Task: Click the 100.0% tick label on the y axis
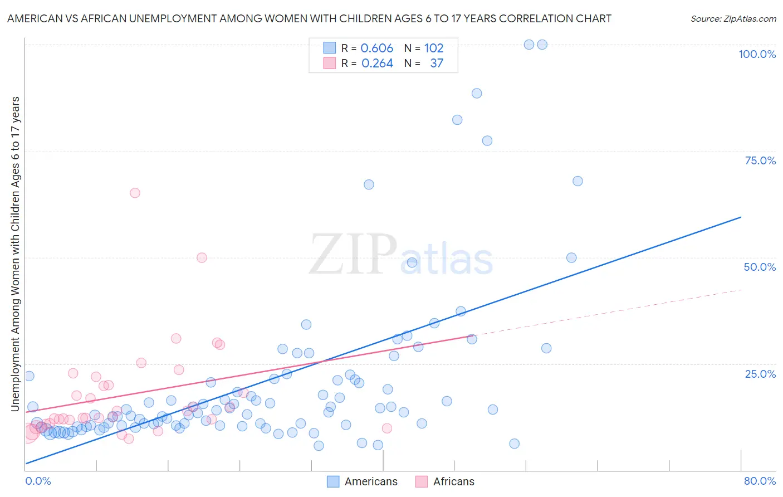[757, 54]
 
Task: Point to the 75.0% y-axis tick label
[760, 160]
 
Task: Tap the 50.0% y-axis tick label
[760, 267]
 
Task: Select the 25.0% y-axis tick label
[760, 374]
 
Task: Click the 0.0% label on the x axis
[38, 481]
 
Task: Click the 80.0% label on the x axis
[760, 481]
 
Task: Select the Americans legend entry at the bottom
[362, 481]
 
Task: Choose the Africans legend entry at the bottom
[445, 481]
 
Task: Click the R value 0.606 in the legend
[377, 48]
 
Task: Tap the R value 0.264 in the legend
[377, 64]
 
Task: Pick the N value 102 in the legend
[434, 48]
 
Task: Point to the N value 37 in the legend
[437, 64]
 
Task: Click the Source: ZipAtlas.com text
[733, 19]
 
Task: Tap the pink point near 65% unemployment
[135, 193]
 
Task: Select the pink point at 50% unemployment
[202, 257]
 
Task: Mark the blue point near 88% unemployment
[477, 93]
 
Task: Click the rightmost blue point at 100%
[542, 45]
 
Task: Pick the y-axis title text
[15, 254]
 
